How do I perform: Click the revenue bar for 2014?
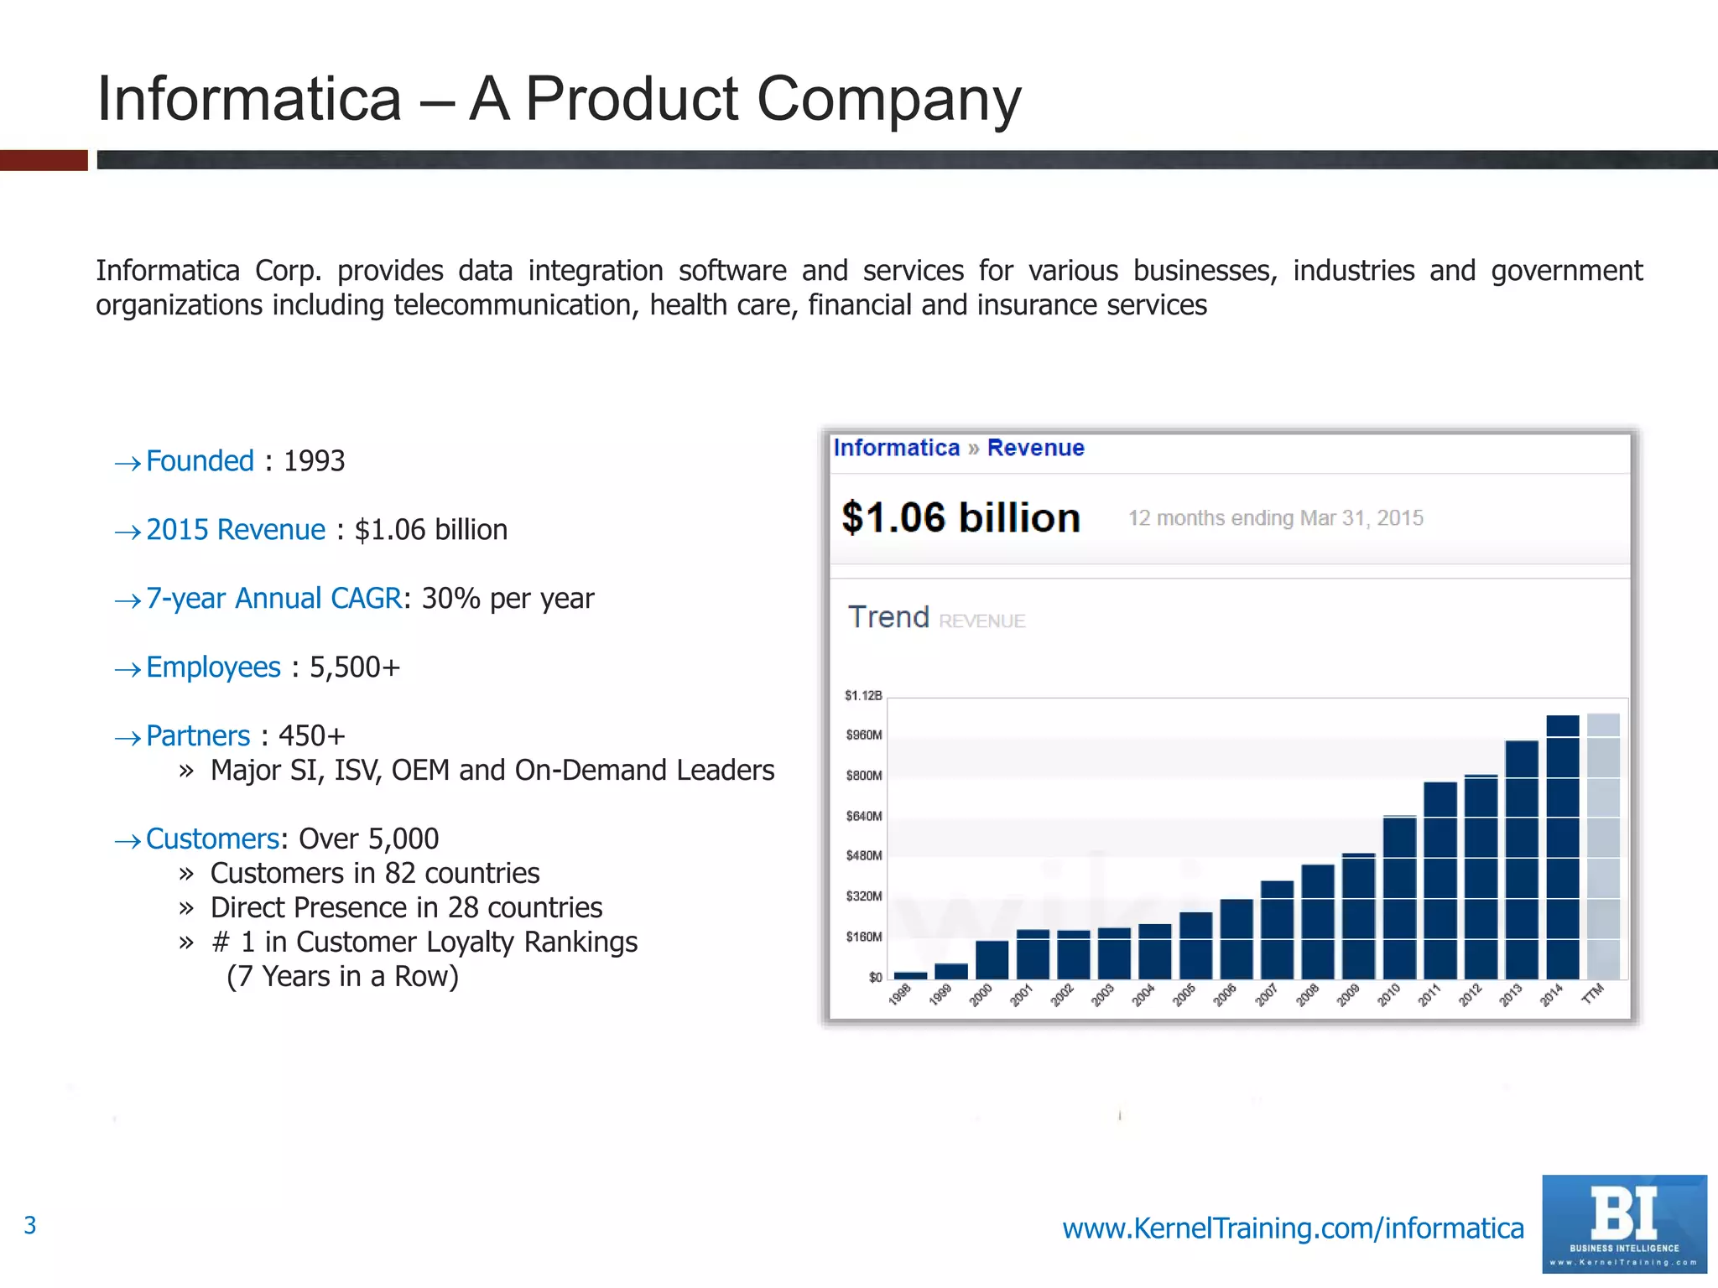coord(1562,847)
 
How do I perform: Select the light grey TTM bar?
coord(1603,847)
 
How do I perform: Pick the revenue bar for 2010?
coord(1399,897)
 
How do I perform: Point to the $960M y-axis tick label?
coord(864,735)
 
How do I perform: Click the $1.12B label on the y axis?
coord(863,695)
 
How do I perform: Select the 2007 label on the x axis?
coord(1266,995)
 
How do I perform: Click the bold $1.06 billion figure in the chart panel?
coord(961,518)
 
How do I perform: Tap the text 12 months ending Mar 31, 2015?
coord(1275,518)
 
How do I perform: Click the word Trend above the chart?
coord(888,617)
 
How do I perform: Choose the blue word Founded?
coord(200,461)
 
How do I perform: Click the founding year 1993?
coord(314,461)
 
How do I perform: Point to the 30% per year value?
coord(508,599)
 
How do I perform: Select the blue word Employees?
coord(213,667)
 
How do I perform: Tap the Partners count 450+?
coord(311,736)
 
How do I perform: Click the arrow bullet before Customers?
coord(128,841)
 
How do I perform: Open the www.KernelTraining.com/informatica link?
coord(1293,1228)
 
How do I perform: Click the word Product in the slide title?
coord(632,99)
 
